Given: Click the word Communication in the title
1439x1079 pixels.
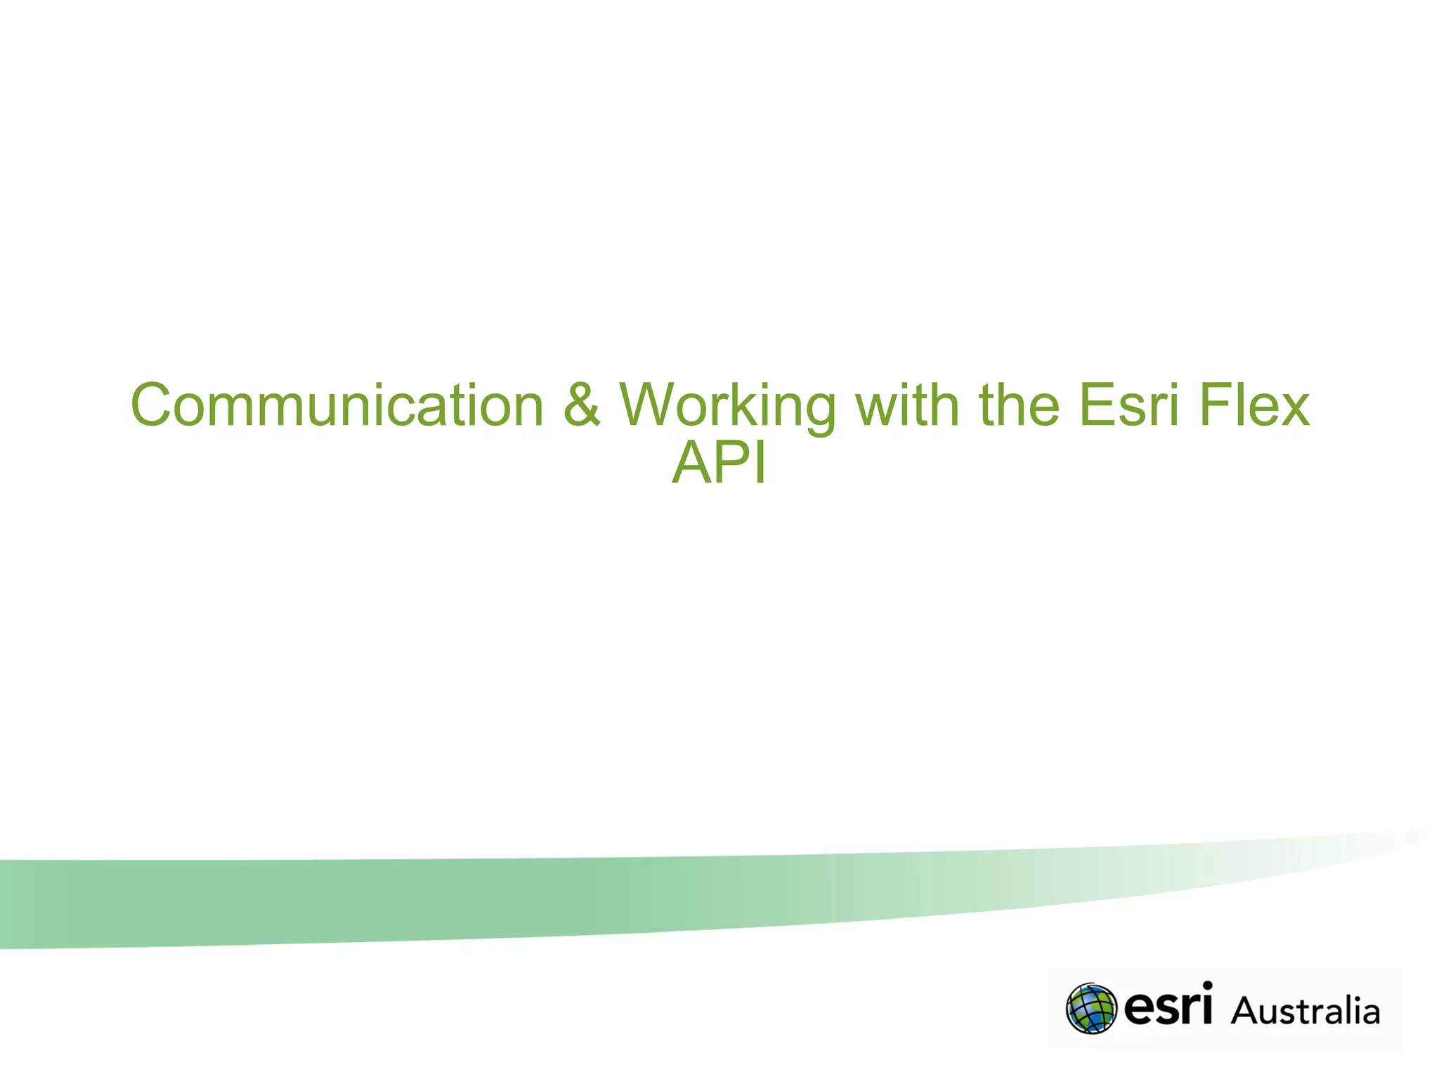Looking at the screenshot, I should click(337, 405).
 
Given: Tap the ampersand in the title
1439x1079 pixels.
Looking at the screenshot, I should click(582, 405).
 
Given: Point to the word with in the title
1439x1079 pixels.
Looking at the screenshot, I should click(907, 405).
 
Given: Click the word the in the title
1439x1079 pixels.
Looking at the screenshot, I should click(1020, 405).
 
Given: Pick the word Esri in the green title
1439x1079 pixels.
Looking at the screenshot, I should click(1128, 405).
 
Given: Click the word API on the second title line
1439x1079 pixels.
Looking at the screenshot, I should click(719, 463).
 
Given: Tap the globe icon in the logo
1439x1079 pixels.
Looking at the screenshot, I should click(1091, 1009).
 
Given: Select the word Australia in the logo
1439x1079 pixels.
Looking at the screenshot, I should click(1305, 1012).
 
